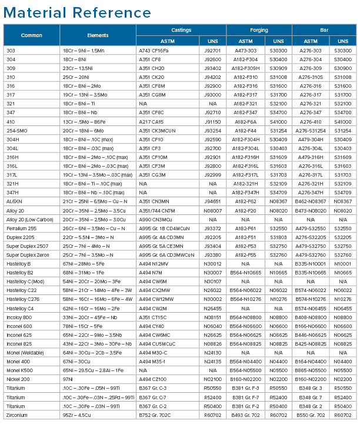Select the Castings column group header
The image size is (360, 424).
[181, 29]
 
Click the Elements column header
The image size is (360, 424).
[98, 35]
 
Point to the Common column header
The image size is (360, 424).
[32, 35]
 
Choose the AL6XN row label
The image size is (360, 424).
[15, 201]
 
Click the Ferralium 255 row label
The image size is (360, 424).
[21, 228]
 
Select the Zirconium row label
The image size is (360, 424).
[17, 415]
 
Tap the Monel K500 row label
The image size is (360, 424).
[19, 370]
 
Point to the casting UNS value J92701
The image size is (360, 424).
[212, 51]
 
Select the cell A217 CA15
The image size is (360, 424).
[152, 121]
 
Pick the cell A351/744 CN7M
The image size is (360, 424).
[157, 210]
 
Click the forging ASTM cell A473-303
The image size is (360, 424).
[245, 51]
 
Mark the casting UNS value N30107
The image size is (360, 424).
[212, 281]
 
